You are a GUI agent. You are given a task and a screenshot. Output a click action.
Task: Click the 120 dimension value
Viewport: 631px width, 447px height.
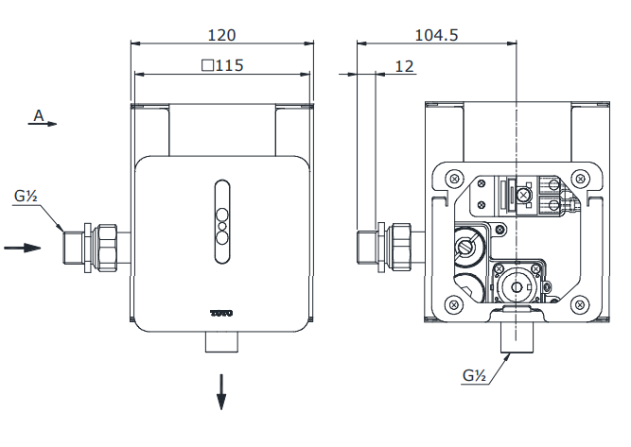(221, 35)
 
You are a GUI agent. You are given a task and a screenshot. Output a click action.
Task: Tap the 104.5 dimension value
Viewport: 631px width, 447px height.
(436, 35)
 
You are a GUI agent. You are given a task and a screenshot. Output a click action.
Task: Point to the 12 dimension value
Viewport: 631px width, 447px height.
(405, 66)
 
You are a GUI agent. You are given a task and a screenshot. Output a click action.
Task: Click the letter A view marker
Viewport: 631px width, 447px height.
(39, 115)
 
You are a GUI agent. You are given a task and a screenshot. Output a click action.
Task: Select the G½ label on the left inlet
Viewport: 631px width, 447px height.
(26, 198)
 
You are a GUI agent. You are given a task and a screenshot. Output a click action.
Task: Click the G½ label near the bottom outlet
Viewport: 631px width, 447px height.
(475, 377)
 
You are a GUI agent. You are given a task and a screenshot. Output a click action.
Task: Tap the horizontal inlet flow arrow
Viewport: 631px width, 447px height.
(23, 249)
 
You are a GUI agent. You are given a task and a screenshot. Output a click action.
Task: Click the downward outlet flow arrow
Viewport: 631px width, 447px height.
(221, 391)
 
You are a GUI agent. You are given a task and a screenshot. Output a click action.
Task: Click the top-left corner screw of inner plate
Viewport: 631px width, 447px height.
(454, 178)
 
